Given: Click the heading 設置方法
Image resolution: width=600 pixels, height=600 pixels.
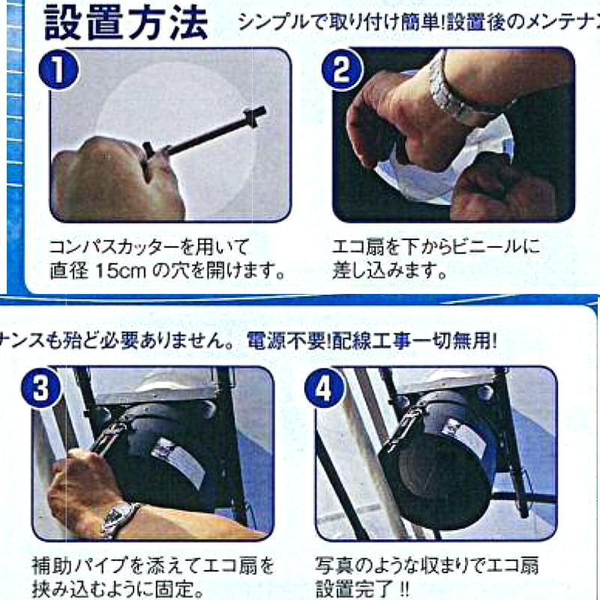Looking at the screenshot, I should tap(126, 24).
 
